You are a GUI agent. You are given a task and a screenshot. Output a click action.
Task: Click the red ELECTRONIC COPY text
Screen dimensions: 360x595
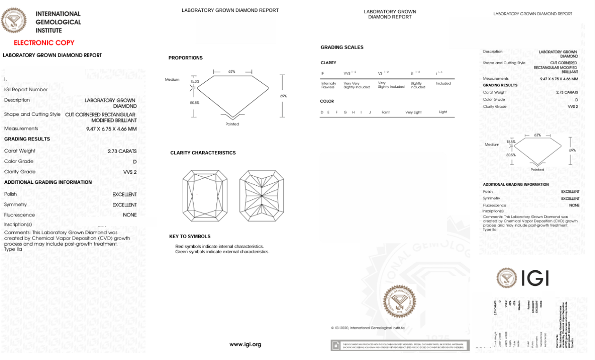[x=44, y=43]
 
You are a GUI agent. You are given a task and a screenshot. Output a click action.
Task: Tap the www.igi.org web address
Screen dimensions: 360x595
[x=245, y=344]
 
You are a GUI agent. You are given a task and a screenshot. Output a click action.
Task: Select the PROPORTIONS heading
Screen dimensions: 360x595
[x=186, y=58]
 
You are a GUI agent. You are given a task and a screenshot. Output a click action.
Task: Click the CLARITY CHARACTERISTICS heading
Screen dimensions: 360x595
[x=203, y=153]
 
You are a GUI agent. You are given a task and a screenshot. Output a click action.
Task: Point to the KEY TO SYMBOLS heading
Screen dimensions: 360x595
[x=190, y=236]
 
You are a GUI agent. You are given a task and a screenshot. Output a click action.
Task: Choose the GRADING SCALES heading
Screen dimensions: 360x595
[x=342, y=47]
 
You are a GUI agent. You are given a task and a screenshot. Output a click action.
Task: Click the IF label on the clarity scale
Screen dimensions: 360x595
[x=323, y=73]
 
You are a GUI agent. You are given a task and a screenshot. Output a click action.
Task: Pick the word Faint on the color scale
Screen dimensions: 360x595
[x=385, y=112]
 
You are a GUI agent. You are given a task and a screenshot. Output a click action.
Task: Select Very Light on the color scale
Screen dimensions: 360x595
[x=413, y=112]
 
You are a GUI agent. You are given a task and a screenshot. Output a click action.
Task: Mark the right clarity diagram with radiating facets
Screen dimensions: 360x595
[x=262, y=195]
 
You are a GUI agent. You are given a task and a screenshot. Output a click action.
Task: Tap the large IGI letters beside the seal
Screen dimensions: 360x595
[x=535, y=278]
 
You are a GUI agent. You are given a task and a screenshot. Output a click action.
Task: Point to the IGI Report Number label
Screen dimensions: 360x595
[x=26, y=89]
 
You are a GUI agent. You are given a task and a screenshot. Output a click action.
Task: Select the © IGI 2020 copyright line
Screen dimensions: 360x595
[x=368, y=328]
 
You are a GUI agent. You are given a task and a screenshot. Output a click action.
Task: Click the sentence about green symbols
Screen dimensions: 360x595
[x=222, y=252]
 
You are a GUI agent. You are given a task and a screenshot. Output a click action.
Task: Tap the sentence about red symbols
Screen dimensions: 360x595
[x=219, y=246]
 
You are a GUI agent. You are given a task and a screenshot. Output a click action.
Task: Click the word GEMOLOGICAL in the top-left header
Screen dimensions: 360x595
[x=59, y=22]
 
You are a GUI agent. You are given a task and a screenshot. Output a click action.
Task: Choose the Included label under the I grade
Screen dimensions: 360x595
[x=443, y=83]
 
